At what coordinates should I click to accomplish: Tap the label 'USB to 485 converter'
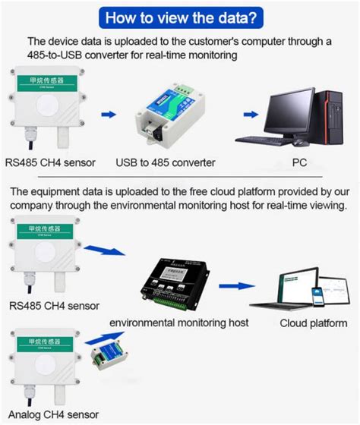click(166, 162)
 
